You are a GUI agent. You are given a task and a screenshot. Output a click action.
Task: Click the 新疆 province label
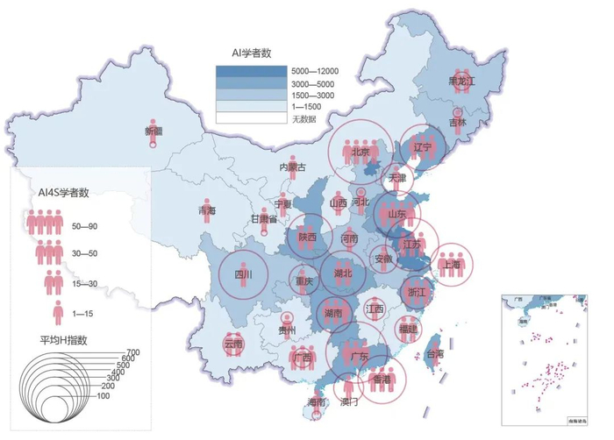tap(153, 131)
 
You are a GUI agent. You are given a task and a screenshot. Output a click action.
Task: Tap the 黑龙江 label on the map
tap(461, 81)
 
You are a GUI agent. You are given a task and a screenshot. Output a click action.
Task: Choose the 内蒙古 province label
tap(293, 167)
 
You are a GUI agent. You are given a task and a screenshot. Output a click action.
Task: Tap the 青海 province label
tap(206, 211)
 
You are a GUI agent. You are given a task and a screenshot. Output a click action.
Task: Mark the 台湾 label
tap(434, 354)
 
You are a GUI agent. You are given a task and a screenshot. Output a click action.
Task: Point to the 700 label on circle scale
tap(132, 351)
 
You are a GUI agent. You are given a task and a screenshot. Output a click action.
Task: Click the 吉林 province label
tap(459, 123)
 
